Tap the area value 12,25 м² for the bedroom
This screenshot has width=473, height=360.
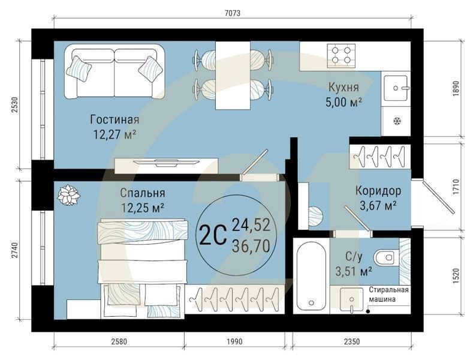click(142, 207)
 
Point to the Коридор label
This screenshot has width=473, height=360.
click(378, 191)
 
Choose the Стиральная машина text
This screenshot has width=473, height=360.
click(388, 296)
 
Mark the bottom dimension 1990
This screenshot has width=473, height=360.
click(234, 342)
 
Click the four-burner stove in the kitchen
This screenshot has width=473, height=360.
click(341, 56)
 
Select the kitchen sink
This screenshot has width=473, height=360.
click(396, 88)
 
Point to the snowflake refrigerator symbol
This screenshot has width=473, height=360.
click(396, 122)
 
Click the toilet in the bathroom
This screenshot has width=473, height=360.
click(388, 257)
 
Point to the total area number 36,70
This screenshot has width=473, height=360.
click(251, 245)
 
